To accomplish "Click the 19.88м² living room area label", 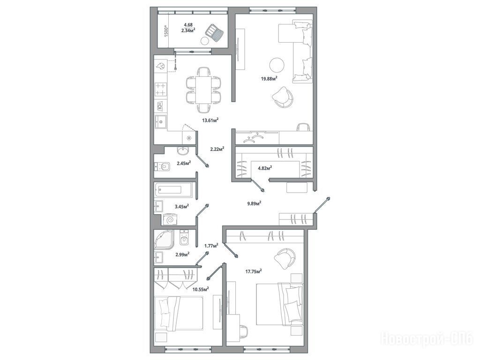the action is pos(269,78).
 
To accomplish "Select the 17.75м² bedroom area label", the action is pos(254,271).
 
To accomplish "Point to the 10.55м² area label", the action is pos(201,288).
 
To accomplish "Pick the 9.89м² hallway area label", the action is pos(254,203).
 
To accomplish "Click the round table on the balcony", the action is pos(204,40).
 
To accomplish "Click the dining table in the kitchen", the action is pos(203,90).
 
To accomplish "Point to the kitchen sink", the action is pos(161,122).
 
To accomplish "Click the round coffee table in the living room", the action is pos(277,65).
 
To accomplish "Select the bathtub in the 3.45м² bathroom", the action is pos(173,190).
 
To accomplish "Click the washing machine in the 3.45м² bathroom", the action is pos(170,220).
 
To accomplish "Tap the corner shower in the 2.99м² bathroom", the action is pos(164,240).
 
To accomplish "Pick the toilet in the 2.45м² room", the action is pos(162,167).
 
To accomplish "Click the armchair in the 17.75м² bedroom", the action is pos(285,257).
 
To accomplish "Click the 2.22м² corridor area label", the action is pos(217,149).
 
